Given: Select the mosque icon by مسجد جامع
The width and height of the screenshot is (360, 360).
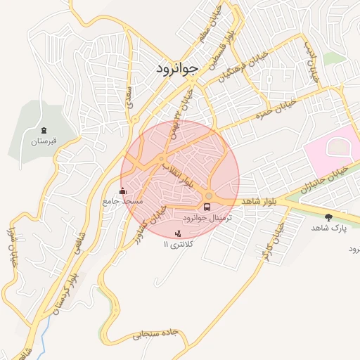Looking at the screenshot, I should [x=123, y=191].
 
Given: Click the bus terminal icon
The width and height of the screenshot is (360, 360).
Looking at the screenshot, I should [x=207, y=207].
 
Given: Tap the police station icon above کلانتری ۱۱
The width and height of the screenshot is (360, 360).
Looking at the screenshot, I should [x=177, y=233].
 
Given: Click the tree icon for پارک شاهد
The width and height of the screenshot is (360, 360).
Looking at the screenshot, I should [x=328, y=217].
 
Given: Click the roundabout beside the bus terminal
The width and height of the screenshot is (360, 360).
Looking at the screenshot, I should [x=209, y=195].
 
